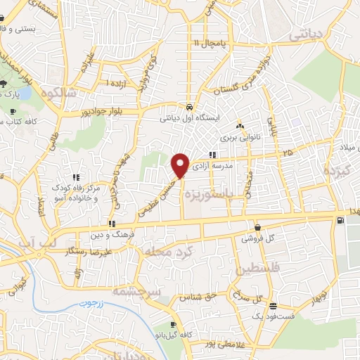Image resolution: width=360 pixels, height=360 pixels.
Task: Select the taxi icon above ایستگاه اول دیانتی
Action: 190,106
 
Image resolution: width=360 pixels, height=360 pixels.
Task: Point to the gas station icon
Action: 341,220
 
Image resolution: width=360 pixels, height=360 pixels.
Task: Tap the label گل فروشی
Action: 258,238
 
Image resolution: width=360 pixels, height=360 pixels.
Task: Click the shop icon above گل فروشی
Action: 258,227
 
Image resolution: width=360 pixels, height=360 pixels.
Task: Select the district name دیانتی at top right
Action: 309,33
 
